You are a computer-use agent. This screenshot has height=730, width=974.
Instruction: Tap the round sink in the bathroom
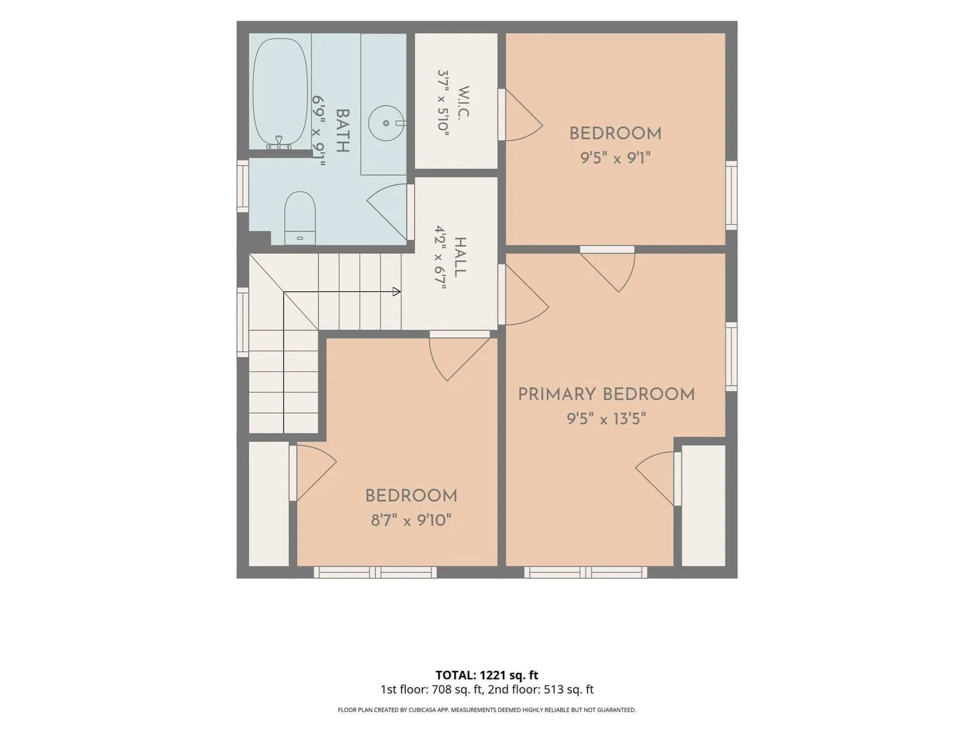click(386, 123)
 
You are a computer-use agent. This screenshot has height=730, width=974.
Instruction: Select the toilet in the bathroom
click(300, 218)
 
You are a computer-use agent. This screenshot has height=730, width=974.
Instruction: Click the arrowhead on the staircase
click(397, 291)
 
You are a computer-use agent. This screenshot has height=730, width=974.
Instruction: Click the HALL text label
click(461, 257)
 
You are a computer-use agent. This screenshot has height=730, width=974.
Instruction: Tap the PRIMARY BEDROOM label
click(606, 394)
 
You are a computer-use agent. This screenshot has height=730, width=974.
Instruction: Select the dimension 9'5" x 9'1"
click(615, 158)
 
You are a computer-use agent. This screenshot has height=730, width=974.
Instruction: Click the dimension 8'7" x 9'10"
click(411, 520)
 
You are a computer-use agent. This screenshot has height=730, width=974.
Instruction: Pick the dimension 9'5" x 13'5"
click(606, 418)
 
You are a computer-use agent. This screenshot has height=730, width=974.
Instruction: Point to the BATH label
click(342, 131)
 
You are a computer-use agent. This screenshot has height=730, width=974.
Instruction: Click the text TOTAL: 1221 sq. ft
click(487, 675)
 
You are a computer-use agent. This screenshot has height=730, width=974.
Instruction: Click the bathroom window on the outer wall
click(242, 186)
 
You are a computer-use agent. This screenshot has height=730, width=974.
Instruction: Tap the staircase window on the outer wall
click(242, 322)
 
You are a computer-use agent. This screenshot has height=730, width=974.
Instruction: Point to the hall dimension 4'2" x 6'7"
click(441, 257)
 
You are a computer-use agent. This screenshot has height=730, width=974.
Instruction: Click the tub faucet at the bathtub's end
click(279, 143)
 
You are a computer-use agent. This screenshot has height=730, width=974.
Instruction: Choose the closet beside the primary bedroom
click(703, 506)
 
